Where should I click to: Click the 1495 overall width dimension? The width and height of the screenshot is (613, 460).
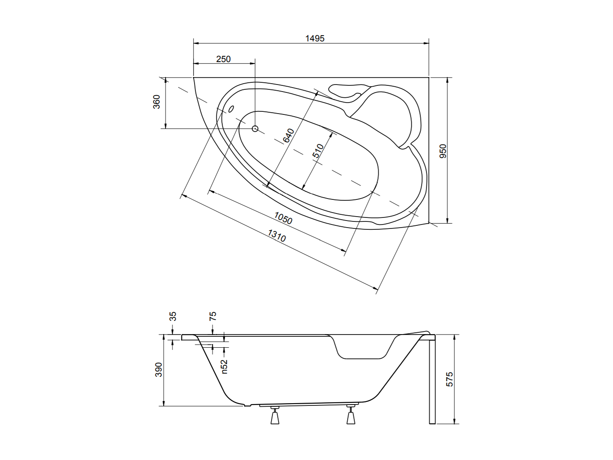315,39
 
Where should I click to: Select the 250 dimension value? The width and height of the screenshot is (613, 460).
224,59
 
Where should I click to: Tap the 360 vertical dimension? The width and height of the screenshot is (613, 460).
157,102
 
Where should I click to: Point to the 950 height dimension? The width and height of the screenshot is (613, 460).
443,151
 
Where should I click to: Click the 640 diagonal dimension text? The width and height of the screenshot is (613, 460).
289,136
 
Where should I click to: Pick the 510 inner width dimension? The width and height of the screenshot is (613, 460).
318,151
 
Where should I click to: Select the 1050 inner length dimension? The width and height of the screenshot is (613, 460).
283,218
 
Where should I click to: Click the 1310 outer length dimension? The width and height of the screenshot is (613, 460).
277,236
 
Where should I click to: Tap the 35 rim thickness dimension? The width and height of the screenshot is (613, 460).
173,316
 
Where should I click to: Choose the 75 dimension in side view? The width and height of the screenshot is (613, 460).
213,316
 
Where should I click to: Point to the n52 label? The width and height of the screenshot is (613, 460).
224,366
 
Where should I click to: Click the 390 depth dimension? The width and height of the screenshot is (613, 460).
158,369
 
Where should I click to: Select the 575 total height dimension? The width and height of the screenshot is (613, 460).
450,379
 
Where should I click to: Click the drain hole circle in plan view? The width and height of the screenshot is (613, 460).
255,129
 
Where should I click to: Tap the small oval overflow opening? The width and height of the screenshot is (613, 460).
231,109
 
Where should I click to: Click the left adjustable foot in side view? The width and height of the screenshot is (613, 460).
275,416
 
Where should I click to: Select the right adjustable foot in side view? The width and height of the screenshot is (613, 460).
351,415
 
